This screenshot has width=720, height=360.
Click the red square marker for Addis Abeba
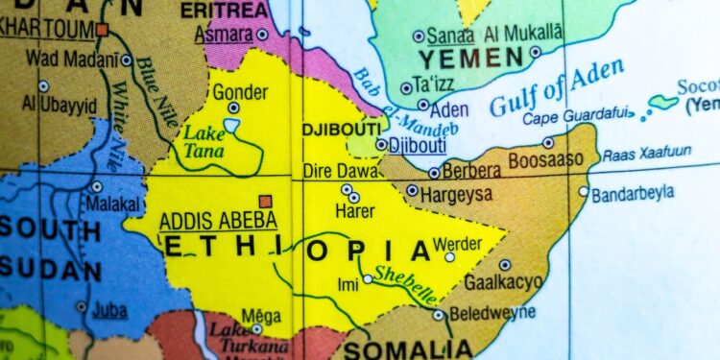click(266, 202)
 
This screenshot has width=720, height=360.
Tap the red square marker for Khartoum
click(102, 31)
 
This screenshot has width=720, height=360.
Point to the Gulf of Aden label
click(556, 87)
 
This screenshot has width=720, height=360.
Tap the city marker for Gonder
click(233, 108)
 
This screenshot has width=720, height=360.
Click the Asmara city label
click(223, 35)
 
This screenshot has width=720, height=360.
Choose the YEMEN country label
click(476, 59)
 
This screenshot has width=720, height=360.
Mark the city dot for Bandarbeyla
click(584, 191)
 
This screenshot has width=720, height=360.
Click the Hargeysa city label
click(458, 192)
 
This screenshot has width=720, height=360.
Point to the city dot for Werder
click(449, 256)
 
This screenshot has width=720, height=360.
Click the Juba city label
click(110, 311)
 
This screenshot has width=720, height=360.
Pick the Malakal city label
click(114, 204)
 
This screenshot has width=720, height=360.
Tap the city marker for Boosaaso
click(548, 142)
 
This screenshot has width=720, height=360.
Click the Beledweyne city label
click(491, 314)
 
